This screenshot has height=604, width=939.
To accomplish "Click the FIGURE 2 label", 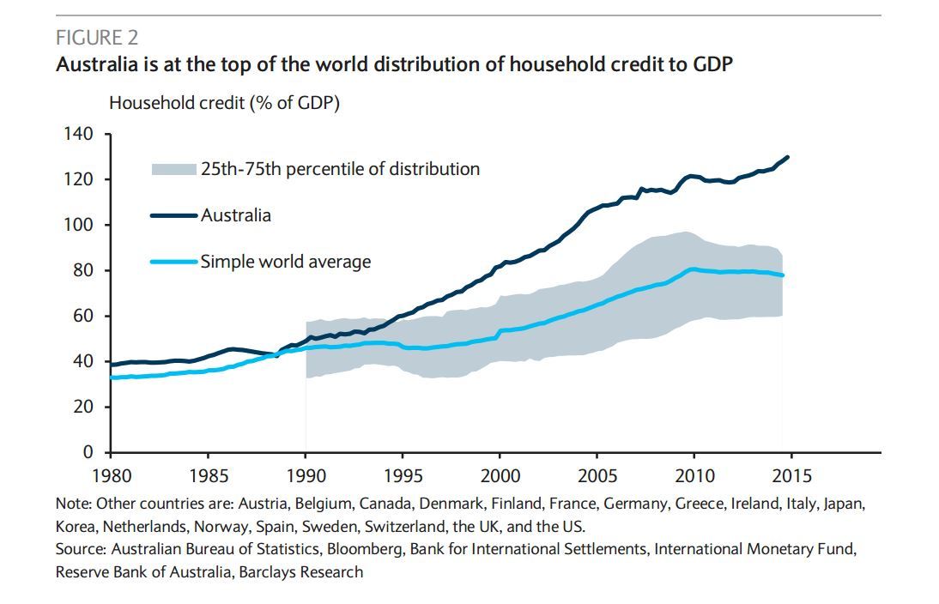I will [x=97, y=38].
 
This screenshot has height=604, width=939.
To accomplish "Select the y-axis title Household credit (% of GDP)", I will [x=224, y=103].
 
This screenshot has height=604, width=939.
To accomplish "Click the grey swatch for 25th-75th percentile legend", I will [x=174, y=169].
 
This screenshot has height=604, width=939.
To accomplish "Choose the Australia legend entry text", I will [x=236, y=215].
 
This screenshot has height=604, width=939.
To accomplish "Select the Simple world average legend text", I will [x=286, y=262].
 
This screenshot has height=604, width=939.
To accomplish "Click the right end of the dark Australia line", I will [x=787, y=157].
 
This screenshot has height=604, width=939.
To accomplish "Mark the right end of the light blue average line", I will [x=783, y=275].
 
